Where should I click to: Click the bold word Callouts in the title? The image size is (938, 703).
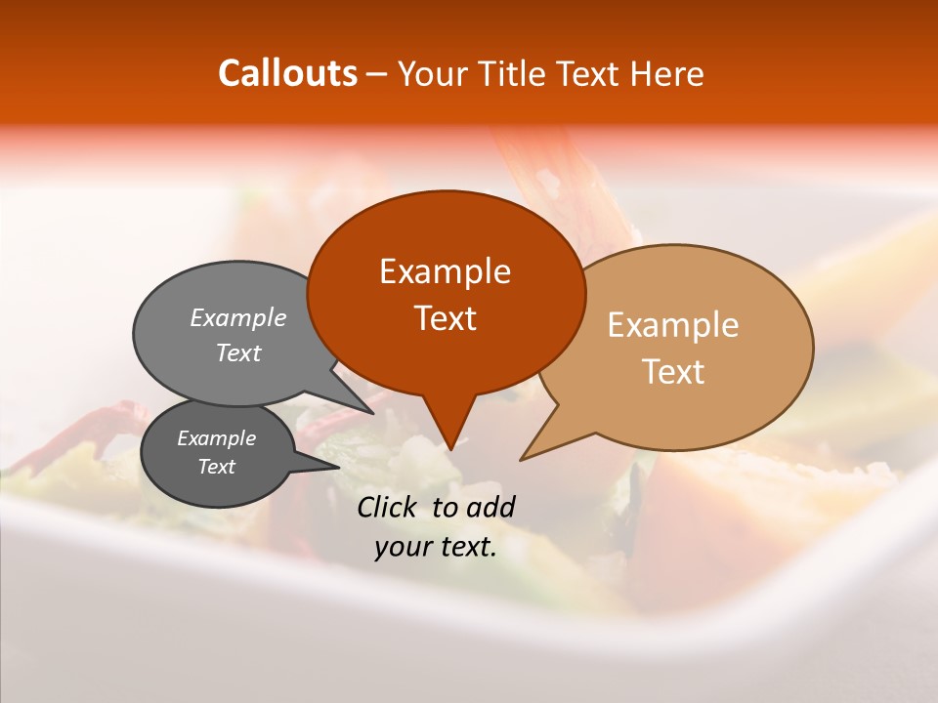pyautogui.click(x=287, y=73)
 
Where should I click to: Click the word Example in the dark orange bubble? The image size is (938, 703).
pyautogui.click(x=445, y=271)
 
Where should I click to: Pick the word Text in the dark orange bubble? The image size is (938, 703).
pyautogui.click(x=445, y=318)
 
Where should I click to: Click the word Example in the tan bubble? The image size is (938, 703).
pyautogui.click(x=673, y=325)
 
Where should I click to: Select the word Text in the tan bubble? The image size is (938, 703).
pyautogui.click(x=673, y=372)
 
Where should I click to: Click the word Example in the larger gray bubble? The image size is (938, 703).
pyautogui.click(x=237, y=318)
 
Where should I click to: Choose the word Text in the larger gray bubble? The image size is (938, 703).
pyautogui.click(x=237, y=353)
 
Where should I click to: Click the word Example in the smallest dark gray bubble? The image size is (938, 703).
pyautogui.click(x=216, y=438)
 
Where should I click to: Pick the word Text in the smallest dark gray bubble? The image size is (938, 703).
pyautogui.click(x=216, y=467)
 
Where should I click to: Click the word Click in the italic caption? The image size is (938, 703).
pyautogui.click(x=389, y=507)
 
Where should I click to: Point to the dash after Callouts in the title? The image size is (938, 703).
pyautogui.click(x=377, y=74)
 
